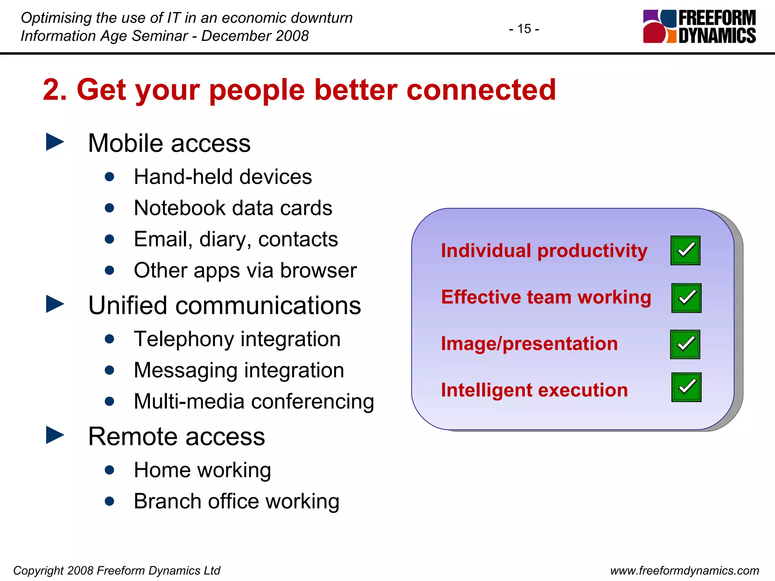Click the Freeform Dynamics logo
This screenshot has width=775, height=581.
coord(699,26)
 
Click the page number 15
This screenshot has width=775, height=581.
coord(524,29)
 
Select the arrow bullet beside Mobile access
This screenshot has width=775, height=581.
coord(55,142)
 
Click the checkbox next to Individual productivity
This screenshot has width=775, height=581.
coord(685,250)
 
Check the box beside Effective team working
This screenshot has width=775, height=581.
coord(686,298)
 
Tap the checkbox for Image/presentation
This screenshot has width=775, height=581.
coord(685,344)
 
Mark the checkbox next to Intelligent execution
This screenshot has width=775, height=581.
coord(686,387)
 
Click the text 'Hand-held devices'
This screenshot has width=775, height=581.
coord(223,177)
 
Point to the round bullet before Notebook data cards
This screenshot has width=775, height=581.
coord(109,208)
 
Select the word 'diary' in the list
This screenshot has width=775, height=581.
coord(223,239)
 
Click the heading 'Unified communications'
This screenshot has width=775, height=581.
coord(224,305)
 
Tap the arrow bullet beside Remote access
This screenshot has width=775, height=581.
coord(55,435)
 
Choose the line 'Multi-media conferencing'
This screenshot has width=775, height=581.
coord(254,401)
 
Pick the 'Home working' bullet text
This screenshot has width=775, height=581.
coord(202,470)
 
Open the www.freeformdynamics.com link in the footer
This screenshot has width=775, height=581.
coord(684,570)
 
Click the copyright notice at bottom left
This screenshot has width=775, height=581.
coord(117,570)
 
